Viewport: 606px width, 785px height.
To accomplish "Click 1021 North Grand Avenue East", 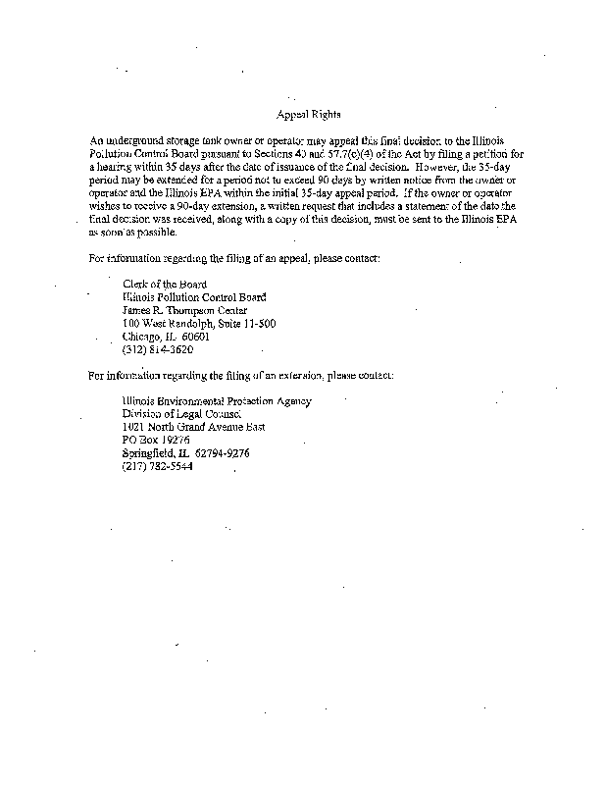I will (193, 427).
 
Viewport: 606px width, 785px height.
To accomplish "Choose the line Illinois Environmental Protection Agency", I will (216, 400).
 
